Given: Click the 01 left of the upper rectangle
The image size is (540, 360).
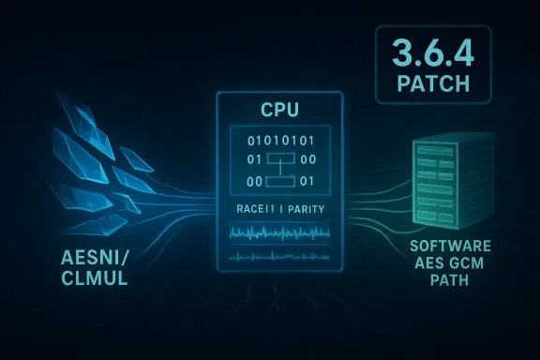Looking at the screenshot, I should [240, 161].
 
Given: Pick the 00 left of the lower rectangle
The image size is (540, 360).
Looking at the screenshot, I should [240, 181].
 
